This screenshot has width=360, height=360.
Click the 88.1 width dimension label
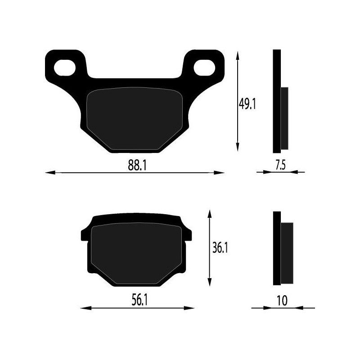click(x=137, y=165)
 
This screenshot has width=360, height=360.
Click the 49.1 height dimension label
click(x=247, y=104)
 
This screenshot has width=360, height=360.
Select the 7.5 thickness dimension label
click(x=280, y=165)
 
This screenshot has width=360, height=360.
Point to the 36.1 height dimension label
click(x=219, y=248)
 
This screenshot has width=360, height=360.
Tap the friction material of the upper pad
click(x=134, y=118)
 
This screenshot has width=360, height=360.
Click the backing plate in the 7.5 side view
click(x=277, y=101)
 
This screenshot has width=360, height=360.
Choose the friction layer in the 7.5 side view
click(x=284, y=118)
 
